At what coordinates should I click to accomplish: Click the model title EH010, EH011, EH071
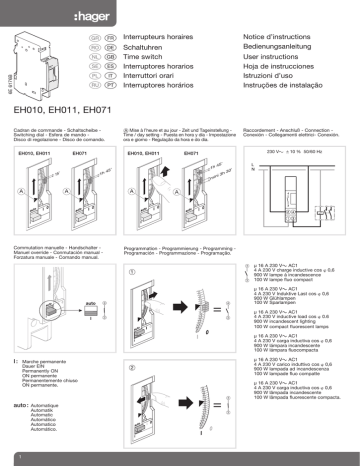[63, 108]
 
